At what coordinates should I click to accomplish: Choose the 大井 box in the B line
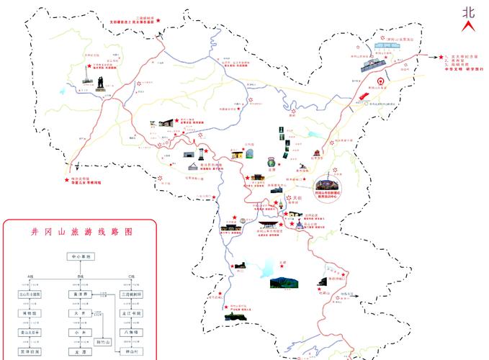click(x=79, y=313)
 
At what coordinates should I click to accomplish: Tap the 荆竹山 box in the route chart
click(x=104, y=342)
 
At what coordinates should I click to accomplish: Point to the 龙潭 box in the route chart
click(x=79, y=351)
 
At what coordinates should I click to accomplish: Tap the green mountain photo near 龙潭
click(x=285, y=282)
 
